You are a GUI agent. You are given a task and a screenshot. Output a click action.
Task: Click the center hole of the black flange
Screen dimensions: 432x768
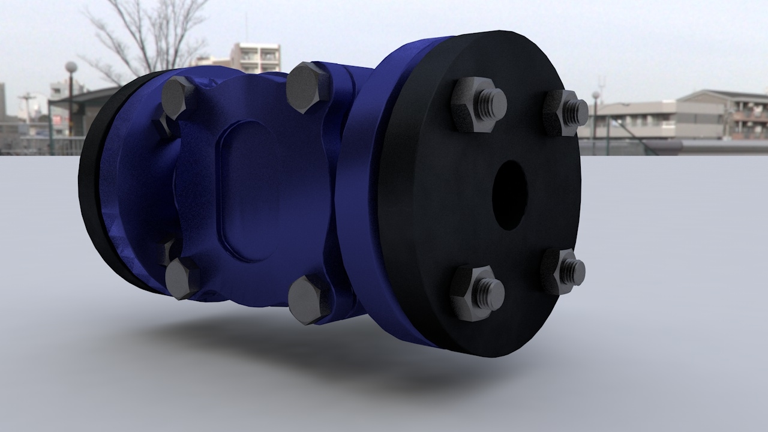tap(510, 194)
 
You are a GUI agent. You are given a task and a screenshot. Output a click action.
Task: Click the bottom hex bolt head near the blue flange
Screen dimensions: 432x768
tap(308, 300)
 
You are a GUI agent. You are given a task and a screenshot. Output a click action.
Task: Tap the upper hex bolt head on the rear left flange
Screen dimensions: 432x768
tap(178, 97)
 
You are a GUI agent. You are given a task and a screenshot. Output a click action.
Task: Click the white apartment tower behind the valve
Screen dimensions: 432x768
tap(256, 58)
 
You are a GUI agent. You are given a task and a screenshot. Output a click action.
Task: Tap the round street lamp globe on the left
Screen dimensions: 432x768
tap(71, 67)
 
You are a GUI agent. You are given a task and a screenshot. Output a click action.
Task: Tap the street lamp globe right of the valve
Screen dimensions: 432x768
tap(596, 95)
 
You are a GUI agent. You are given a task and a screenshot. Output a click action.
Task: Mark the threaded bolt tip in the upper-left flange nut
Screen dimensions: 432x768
tap(493, 103)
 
